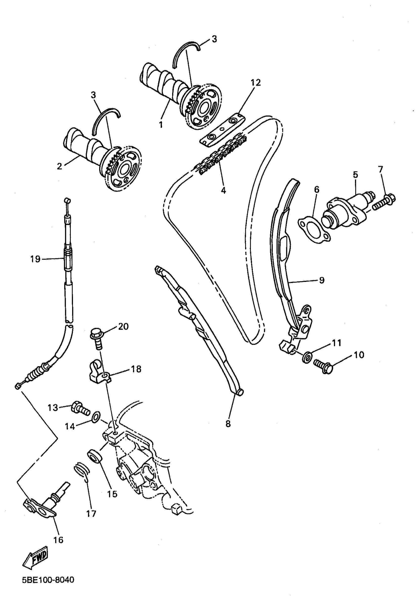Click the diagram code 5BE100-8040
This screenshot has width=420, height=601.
click(x=48, y=580)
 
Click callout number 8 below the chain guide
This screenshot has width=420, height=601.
click(x=228, y=423)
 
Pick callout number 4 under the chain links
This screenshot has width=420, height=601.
click(x=223, y=190)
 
